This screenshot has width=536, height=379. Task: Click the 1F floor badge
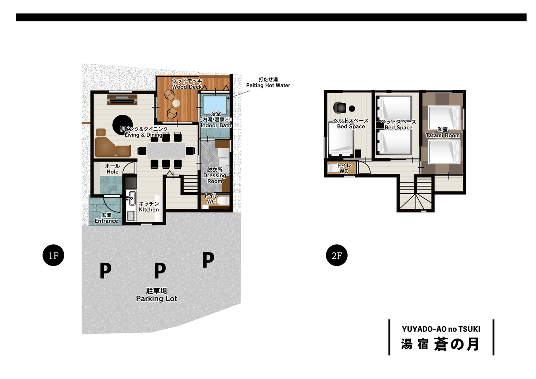pyautogui.click(x=54, y=256)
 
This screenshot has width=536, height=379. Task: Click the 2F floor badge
pyautogui.click(x=337, y=256)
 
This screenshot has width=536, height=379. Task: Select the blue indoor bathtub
pyautogui.click(x=214, y=105)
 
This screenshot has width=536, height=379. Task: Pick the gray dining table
pyautogui.click(x=166, y=150)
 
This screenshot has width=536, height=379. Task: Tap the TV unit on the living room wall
pyautogui.click(x=122, y=100)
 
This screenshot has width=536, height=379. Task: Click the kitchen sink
pyautogui.click(x=131, y=198)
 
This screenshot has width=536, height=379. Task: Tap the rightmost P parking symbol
pyautogui.click(x=208, y=260)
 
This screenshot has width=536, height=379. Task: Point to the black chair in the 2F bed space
pyautogui.click(x=339, y=107)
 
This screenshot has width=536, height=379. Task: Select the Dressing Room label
pyautogui.click(x=214, y=175)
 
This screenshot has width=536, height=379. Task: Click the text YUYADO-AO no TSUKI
pyautogui.click(x=441, y=329)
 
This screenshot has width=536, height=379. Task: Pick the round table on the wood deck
pyautogui.click(x=176, y=103)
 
